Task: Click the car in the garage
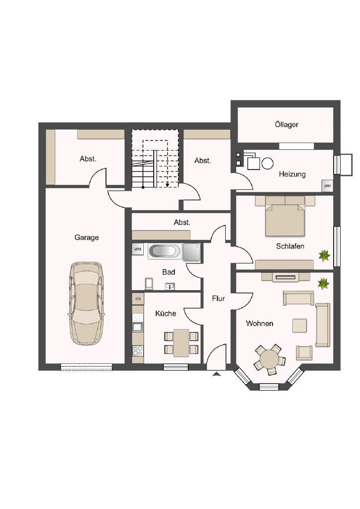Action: pyautogui.click(x=86, y=304)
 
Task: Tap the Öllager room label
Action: pyautogui.click(x=286, y=124)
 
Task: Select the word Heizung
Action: pyautogui.click(x=292, y=174)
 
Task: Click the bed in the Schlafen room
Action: pyautogui.click(x=285, y=216)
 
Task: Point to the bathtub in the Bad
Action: pyautogui.click(x=165, y=251)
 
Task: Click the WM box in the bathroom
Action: pyautogui.click(x=138, y=250)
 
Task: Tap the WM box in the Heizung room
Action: pyautogui.click(x=327, y=186)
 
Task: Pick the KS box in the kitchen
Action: pyautogui.click(x=138, y=299)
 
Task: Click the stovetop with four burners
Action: pyautogui.click(x=138, y=350)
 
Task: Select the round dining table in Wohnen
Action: pyautogui.click(x=270, y=359)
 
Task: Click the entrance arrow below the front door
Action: pyautogui.click(x=216, y=374)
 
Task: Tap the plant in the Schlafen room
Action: pyautogui.click(x=324, y=255)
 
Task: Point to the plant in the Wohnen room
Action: pyautogui.click(x=323, y=283)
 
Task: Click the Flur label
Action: pyautogui.click(x=218, y=298)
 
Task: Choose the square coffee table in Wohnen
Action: pyautogui.click(x=299, y=326)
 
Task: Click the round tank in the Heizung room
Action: pyautogui.click(x=268, y=163)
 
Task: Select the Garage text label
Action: pyautogui.click(x=87, y=237)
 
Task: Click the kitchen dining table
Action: pyautogui.click(x=181, y=343)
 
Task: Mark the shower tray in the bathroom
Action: pyautogui.click(x=191, y=252)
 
